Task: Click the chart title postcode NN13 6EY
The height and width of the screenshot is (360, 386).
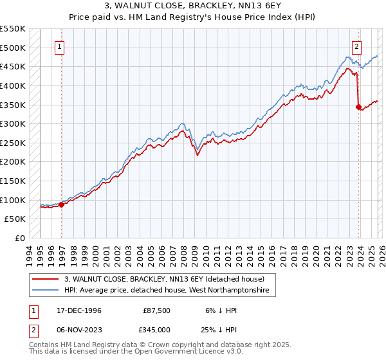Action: click(x=221, y=6)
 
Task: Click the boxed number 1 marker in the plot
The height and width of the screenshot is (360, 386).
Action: click(x=59, y=46)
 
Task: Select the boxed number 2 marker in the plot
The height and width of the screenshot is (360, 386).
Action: click(x=356, y=46)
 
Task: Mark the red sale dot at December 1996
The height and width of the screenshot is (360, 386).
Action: click(x=62, y=204)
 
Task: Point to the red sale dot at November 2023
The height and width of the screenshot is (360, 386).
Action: click(x=358, y=107)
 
